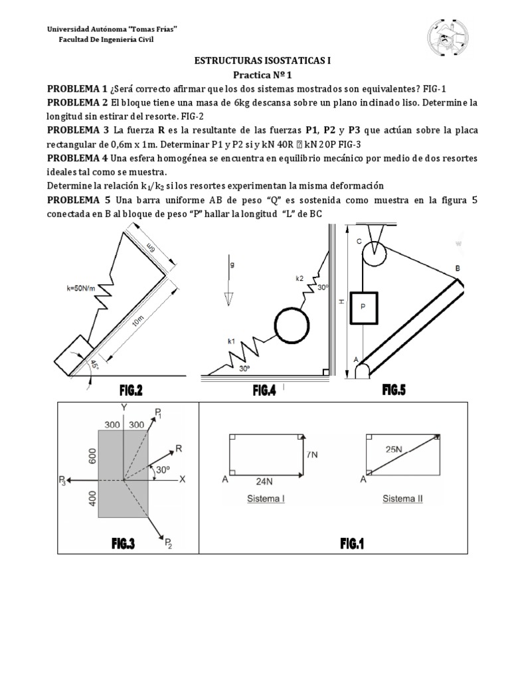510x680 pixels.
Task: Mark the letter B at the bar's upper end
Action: pyautogui.click(x=457, y=268)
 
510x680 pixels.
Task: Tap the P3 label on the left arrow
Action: pyautogui.click(x=62, y=480)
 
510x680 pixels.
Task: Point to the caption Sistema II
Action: pyautogui.click(x=402, y=499)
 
